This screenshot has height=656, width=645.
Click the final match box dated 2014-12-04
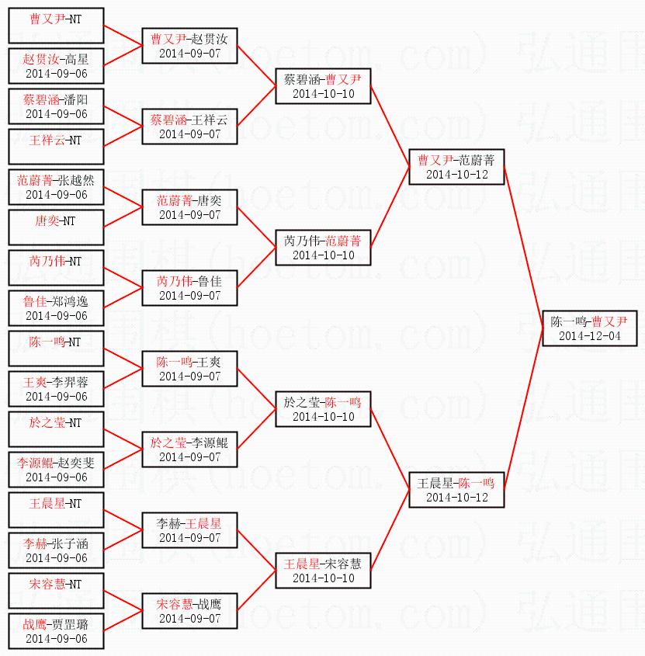(589, 328)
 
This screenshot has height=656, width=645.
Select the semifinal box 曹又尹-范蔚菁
(456, 166)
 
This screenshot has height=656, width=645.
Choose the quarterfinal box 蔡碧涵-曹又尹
(324, 85)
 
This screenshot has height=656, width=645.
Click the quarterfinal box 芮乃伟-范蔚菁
(324, 247)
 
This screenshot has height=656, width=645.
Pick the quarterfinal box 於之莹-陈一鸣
(324, 408)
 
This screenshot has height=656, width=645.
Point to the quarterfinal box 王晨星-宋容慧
(324, 570)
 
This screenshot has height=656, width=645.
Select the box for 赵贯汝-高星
(56, 65)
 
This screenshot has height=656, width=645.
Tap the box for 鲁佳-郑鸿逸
(56, 307)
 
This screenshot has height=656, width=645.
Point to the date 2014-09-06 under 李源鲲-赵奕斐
(56, 477)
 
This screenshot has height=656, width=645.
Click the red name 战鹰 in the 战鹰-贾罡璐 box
(35, 623)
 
